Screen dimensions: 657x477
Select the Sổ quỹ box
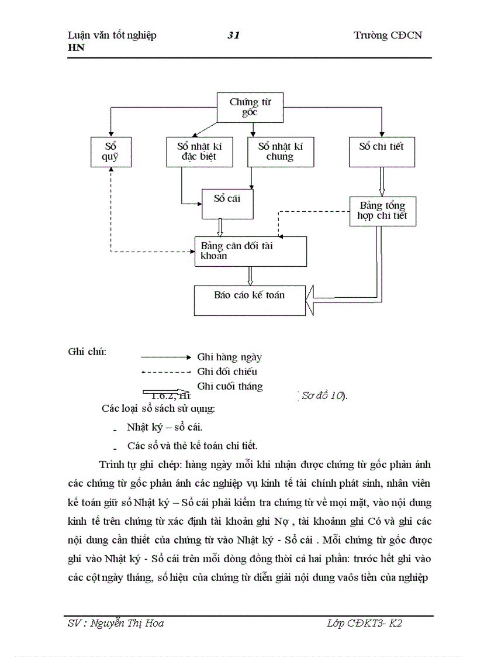(110, 152)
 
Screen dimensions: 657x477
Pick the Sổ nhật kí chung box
(280, 152)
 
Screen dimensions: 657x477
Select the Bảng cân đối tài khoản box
(250, 251)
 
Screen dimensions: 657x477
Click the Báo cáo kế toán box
(250, 300)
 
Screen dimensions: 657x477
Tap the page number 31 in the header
(233, 36)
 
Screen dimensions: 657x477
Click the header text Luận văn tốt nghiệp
(112, 36)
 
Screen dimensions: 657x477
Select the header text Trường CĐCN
(388, 36)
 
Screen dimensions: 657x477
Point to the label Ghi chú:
(87, 353)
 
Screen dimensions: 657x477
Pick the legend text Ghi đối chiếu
(227, 371)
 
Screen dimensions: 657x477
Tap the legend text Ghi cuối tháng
(230, 386)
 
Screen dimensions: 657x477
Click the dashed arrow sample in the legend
(166, 372)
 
